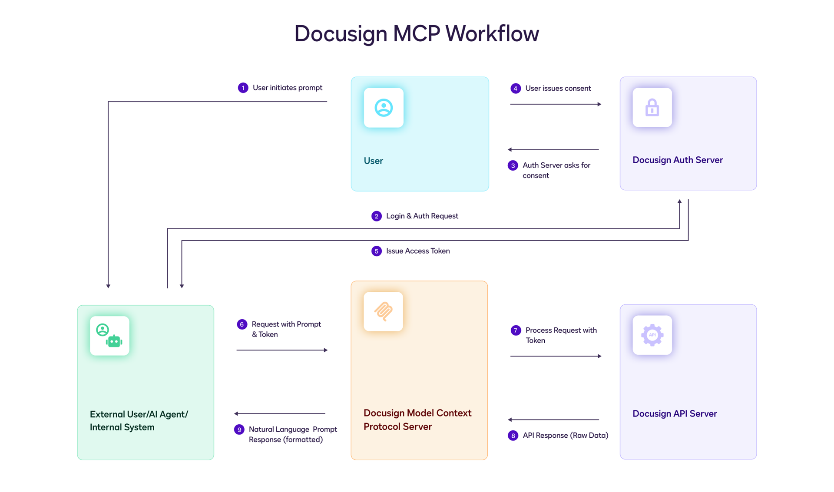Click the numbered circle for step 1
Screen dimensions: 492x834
[243, 88]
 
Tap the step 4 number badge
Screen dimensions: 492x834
[515, 89]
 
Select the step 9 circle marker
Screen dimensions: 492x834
[239, 429]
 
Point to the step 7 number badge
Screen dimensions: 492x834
[516, 330]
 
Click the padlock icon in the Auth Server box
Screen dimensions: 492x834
[652, 108]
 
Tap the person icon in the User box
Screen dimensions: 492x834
[384, 108]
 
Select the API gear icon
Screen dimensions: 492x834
[652, 335]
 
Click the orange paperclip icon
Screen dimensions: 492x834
[383, 311]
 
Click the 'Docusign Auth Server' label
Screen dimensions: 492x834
[677, 160]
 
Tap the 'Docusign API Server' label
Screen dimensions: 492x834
[674, 413]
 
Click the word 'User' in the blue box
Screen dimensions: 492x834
[373, 161]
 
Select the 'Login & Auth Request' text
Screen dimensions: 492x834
[422, 216]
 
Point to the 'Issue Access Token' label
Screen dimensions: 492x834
[417, 251]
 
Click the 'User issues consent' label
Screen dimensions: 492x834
[558, 89]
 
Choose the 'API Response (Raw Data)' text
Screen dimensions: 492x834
[565, 435]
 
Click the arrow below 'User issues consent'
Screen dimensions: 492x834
[555, 104]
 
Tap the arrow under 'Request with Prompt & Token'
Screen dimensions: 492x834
[281, 350]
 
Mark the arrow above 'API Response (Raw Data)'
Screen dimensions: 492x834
[553, 419]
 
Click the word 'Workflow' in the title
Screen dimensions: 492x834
[492, 33]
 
